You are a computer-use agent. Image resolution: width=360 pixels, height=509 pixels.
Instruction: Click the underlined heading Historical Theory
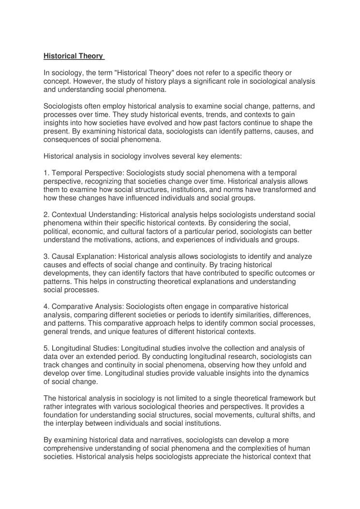[74, 56]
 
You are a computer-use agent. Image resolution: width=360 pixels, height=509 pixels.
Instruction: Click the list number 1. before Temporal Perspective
[46, 173]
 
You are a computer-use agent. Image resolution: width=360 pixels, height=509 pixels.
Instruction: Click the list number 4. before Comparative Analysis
[46, 307]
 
